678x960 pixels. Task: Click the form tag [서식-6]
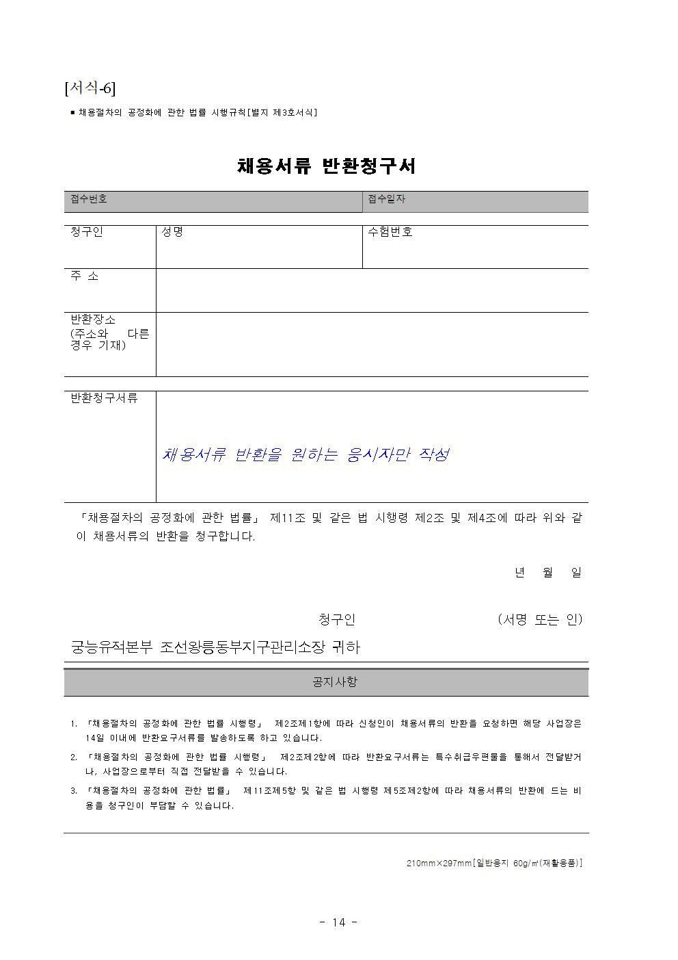coord(90,88)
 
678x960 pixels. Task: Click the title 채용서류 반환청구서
coord(326,166)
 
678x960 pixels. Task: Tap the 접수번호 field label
coord(89,199)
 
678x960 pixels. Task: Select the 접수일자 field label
coord(386,199)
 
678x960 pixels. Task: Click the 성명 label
coord(172,232)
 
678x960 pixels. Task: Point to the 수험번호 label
coord(390,232)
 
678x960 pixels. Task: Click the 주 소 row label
coord(85,276)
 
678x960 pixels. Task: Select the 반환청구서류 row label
coord(105,398)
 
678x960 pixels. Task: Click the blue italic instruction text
coord(306,455)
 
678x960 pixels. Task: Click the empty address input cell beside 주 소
coord(372,290)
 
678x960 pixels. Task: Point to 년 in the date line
coord(520,573)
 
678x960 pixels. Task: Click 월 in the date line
coord(548,573)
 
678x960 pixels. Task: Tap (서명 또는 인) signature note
coord(540,620)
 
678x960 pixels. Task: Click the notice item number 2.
coord(74,757)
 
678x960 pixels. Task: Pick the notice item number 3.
coord(74,791)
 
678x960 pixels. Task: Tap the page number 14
coord(339,922)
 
